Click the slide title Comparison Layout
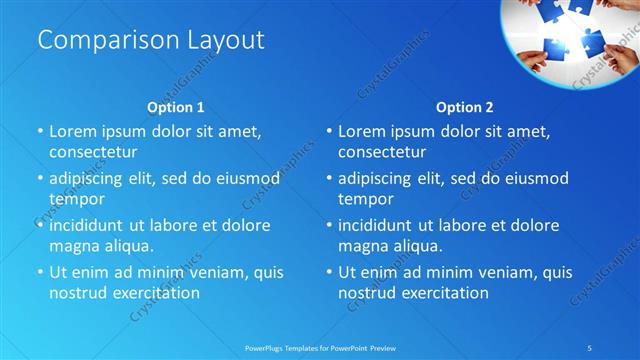[x=151, y=41]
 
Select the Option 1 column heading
[x=176, y=107]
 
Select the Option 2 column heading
[x=465, y=107]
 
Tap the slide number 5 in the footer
[x=590, y=347]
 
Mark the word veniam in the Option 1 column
[x=211, y=272]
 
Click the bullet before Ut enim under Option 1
[x=39, y=272]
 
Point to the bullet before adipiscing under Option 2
[x=328, y=179]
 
